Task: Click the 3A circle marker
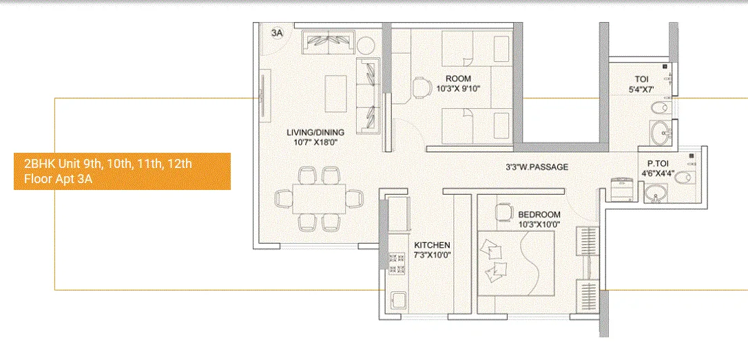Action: pos(276,33)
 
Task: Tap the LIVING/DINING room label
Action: pos(316,132)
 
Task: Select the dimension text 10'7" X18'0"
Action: pos(316,142)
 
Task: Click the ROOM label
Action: pos(458,78)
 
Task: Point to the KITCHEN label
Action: pos(432,245)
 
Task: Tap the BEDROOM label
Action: pos(539,214)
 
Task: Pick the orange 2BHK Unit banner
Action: pos(122,171)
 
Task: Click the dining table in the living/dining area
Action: pos(319,199)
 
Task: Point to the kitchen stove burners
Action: pos(397,265)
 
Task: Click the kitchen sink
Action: pos(398,301)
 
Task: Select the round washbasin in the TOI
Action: pos(658,131)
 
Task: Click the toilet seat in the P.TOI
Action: pos(683,178)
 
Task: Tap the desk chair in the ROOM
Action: pos(422,88)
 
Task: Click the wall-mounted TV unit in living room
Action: pos(262,97)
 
